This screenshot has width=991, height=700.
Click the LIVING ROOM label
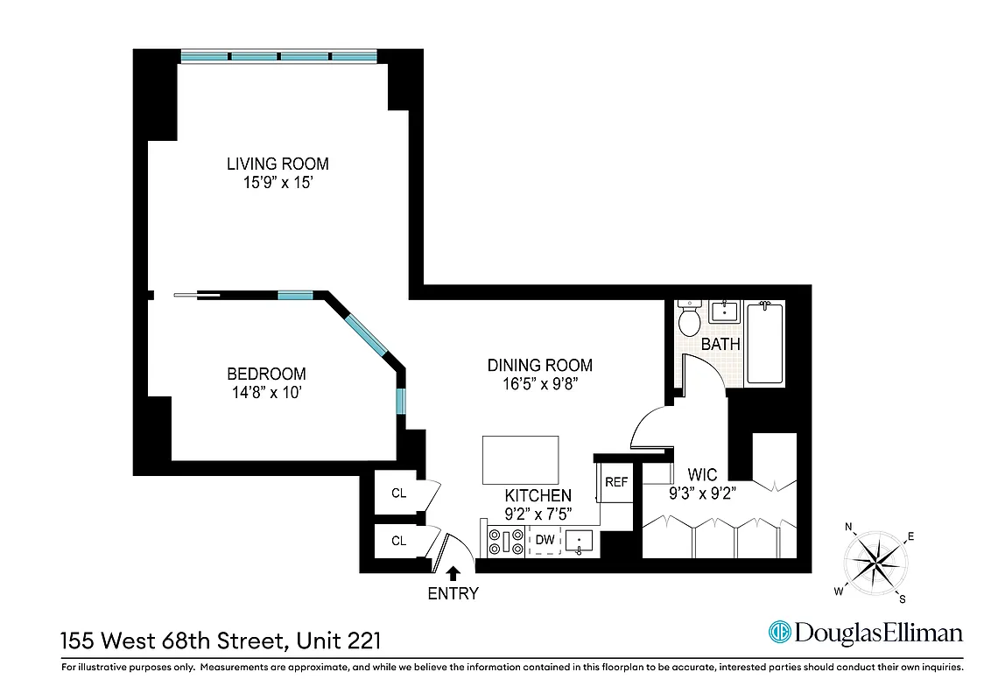(278, 164)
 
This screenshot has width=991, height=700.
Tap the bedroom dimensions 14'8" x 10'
(267, 392)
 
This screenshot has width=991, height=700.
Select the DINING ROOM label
(539, 365)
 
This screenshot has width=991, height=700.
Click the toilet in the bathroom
(690, 318)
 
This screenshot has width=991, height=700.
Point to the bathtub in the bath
(766, 342)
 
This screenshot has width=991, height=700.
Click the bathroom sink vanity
(725, 313)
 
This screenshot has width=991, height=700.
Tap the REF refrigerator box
(616, 482)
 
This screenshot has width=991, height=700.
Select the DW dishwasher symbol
(545, 541)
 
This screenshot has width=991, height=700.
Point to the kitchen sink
(580, 542)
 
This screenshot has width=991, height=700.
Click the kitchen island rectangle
(520, 459)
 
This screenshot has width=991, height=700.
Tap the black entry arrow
(453, 573)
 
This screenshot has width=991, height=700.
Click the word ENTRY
(453, 594)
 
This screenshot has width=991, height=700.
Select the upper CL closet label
(398, 493)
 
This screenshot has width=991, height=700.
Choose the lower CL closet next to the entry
(398, 541)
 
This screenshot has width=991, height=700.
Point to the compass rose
(876, 560)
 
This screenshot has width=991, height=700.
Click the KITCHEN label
(538, 496)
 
